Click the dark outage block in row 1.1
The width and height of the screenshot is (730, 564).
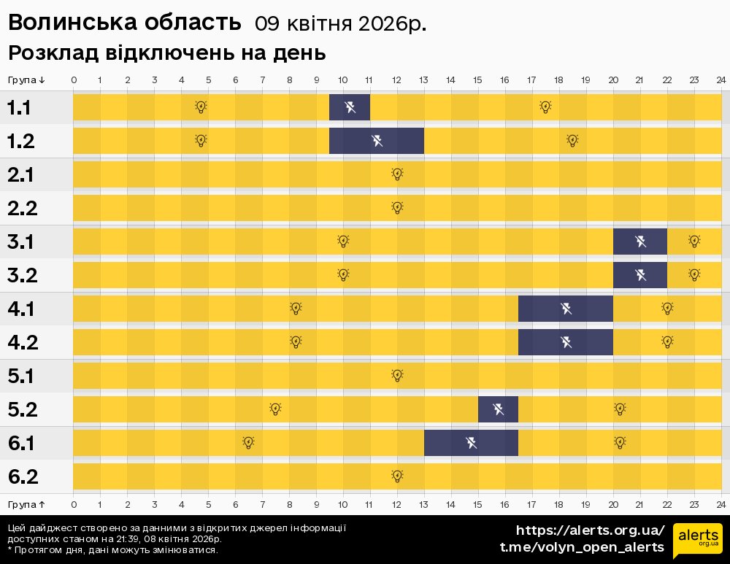tap(350, 107)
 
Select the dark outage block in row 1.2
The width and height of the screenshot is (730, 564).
tap(377, 141)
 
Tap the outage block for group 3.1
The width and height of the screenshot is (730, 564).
tap(640, 242)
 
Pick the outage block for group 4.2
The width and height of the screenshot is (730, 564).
tap(566, 342)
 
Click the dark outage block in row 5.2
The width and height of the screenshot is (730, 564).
tap(498, 409)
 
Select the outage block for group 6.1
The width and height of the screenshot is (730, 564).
tap(471, 443)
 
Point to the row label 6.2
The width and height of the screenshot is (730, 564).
tap(22, 477)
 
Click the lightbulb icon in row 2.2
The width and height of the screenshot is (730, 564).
tap(397, 207)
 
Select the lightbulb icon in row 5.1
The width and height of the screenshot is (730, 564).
tap(397, 376)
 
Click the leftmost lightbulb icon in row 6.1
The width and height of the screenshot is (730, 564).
tap(248, 442)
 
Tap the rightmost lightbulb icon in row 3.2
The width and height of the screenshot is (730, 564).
tap(694, 274)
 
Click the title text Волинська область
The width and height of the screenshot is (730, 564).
tap(124, 23)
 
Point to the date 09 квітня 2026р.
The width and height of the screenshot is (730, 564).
tap(340, 24)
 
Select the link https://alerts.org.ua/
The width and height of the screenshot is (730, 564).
tap(590, 530)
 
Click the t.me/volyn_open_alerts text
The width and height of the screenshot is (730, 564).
tap(581, 547)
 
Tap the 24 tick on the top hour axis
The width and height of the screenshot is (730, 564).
tap(721, 80)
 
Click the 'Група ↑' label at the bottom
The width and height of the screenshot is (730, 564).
tap(26, 504)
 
